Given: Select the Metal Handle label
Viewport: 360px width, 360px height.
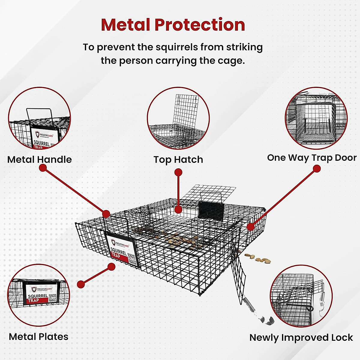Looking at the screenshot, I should (40, 160).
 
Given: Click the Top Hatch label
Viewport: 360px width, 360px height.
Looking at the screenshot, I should (178, 160).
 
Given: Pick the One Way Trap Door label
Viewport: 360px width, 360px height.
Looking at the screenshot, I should (312, 158).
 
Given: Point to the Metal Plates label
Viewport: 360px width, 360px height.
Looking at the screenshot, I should (39, 337).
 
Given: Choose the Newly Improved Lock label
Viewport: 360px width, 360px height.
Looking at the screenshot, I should (301, 337).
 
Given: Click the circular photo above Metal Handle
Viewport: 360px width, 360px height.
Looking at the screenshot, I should (39, 118).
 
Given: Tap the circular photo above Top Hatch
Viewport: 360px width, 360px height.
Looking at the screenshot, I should (178, 118).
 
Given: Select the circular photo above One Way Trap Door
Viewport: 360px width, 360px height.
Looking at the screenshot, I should (316, 118).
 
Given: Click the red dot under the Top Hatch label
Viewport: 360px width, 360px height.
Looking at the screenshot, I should (178, 172).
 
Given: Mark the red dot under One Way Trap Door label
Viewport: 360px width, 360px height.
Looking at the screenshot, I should (316, 169).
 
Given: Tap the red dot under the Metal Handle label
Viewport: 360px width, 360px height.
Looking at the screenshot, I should (43, 168).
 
